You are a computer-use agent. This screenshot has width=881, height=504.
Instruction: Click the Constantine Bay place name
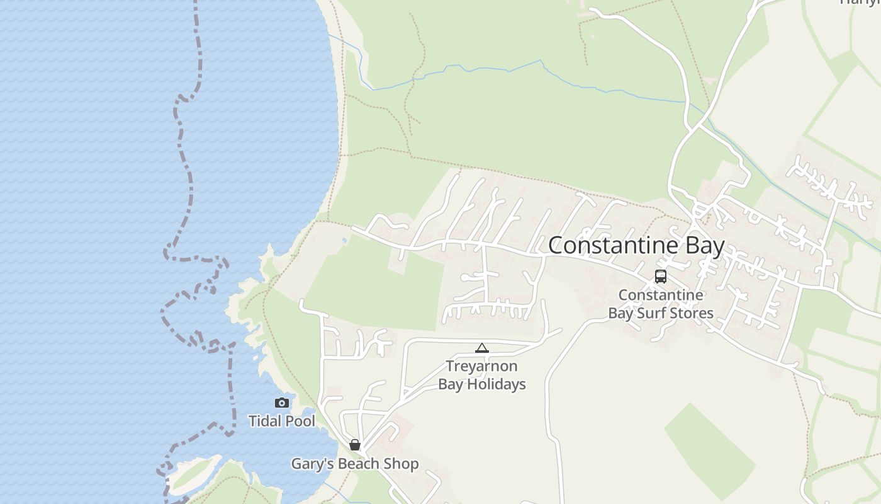636,245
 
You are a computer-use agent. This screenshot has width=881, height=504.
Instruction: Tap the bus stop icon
661,276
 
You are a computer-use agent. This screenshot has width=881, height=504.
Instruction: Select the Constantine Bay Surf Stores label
660,304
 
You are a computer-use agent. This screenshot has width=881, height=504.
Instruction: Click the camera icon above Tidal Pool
282,403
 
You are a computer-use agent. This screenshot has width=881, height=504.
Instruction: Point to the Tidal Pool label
282,421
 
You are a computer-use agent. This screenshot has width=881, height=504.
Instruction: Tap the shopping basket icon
355,445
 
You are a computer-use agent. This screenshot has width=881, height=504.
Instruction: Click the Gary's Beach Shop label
354,464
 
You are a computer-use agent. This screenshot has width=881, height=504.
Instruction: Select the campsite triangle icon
482,348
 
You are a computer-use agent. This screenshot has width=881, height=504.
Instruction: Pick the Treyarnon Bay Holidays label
482,375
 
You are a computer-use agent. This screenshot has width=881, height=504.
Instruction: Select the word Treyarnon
482,366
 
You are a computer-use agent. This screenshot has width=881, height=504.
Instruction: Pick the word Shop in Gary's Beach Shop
403,464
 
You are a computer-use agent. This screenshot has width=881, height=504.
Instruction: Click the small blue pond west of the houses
344,241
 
